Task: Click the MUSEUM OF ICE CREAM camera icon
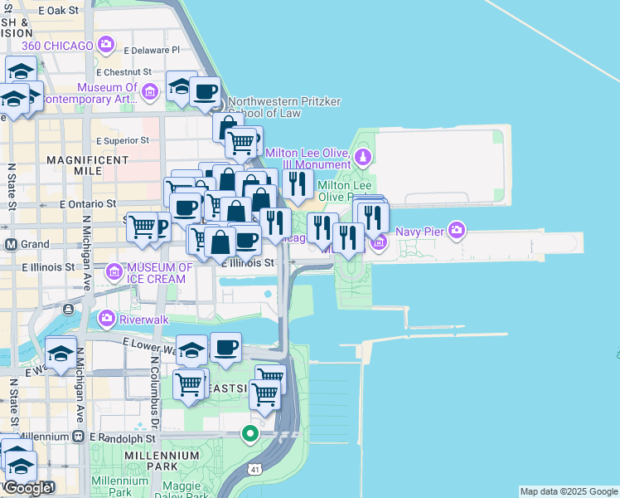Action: (x=114, y=271)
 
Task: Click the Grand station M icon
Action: (x=12, y=245)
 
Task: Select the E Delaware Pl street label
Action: (x=151, y=50)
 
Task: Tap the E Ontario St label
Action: (x=87, y=203)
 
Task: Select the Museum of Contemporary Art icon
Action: (x=150, y=90)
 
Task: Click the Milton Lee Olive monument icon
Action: (x=362, y=156)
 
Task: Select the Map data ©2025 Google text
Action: (x=569, y=491)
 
